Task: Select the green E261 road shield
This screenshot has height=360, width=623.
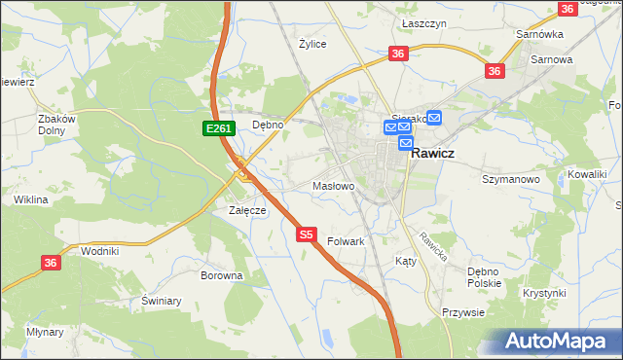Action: tap(217, 128)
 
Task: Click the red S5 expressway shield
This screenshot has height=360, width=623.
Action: tap(306, 234)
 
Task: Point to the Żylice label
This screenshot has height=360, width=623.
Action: tap(312, 44)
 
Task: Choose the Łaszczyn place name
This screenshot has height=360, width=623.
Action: tap(424, 21)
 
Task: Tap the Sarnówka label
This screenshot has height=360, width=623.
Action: tap(540, 34)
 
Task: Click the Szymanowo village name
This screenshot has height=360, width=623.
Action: tap(511, 180)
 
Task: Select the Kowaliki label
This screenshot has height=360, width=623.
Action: tap(588, 174)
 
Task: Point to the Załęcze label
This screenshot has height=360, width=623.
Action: tap(247, 210)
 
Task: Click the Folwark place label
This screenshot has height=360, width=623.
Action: tap(346, 241)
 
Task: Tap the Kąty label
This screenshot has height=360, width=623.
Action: tap(406, 262)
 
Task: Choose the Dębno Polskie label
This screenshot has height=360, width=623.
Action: tap(484, 277)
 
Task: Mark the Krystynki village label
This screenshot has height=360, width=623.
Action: tap(543, 293)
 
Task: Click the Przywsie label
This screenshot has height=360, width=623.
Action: tap(463, 312)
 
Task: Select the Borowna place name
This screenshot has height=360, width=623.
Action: tap(221, 275)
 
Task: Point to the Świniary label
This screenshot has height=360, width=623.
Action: tap(162, 301)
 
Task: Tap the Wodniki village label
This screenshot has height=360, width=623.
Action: tap(100, 250)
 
